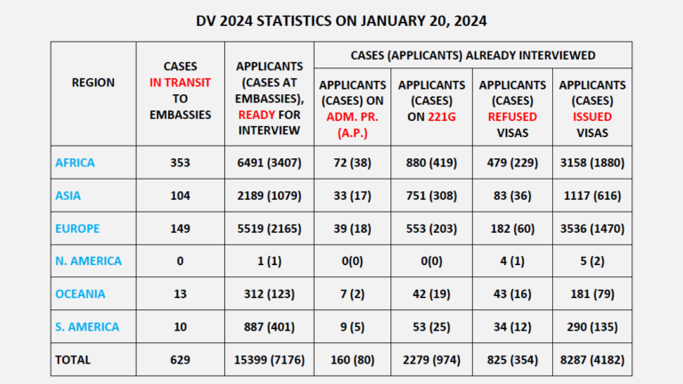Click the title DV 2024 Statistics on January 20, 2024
click(342, 20)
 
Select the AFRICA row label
click(75, 163)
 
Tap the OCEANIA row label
click(80, 293)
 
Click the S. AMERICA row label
click(87, 326)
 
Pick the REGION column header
click(93, 82)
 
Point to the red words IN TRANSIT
click(180, 82)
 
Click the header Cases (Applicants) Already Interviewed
click(472, 55)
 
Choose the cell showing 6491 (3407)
click(270, 163)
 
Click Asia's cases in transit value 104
click(180, 196)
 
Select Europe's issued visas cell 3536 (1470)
click(592, 228)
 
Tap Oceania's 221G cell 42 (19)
click(430, 293)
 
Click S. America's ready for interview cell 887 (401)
click(270, 326)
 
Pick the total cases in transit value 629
click(180, 359)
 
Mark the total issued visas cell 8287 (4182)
click(592, 359)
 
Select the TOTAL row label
click(72, 359)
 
